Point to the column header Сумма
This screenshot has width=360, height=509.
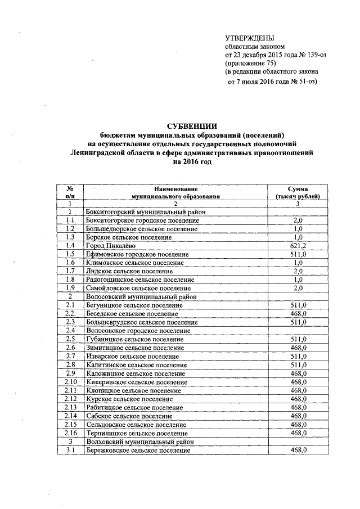click(298, 189)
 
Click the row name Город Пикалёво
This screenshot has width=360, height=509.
click(110, 246)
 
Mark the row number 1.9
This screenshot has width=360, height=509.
click(70, 288)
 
